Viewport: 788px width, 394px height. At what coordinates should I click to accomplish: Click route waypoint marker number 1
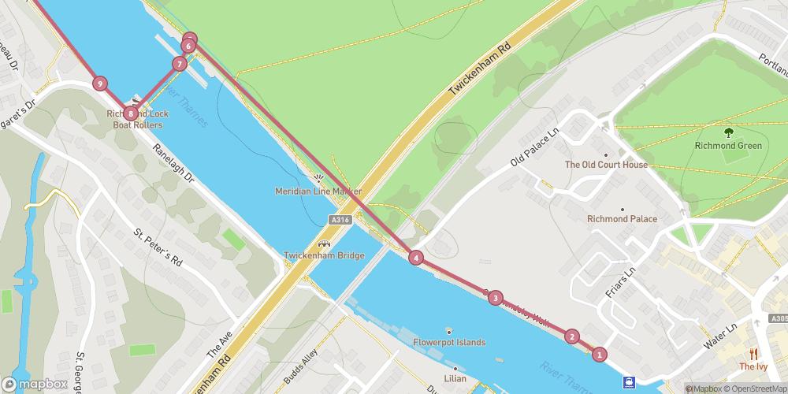(600, 355)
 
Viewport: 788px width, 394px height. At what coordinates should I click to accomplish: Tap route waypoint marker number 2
(572, 336)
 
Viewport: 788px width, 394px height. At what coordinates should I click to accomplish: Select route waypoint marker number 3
(495, 297)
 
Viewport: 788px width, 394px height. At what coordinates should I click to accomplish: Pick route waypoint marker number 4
(415, 257)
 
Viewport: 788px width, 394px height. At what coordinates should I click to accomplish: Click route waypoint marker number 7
(180, 64)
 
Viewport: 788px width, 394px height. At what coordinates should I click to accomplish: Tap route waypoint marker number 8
(130, 113)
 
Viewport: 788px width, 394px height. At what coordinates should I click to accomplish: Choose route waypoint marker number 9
(99, 83)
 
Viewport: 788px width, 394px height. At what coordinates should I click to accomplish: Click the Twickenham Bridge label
(324, 255)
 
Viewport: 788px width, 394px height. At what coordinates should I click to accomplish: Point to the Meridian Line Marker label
(318, 191)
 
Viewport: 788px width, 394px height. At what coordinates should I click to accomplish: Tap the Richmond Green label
(727, 146)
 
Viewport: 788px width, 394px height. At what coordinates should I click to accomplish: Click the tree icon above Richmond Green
(727, 132)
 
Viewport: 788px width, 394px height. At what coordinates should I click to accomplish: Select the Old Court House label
(606, 165)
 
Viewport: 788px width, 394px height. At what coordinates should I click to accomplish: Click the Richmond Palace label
(622, 219)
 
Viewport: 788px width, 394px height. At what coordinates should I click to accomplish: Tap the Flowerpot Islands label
(449, 343)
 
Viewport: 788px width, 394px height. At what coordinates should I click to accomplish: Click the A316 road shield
(340, 219)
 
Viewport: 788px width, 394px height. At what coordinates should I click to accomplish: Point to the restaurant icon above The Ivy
(753, 354)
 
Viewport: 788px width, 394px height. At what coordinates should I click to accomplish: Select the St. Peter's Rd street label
(158, 248)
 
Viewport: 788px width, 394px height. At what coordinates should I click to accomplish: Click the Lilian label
(455, 379)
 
